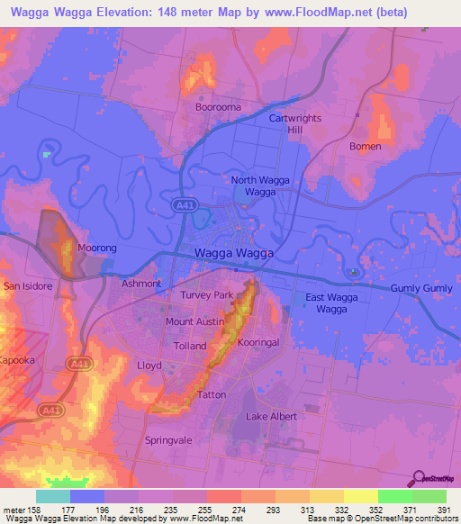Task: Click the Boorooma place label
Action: click(x=217, y=107)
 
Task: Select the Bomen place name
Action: click(x=366, y=147)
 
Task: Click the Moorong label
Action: click(x=97, y=248)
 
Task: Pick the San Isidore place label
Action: click(x=29, y=286)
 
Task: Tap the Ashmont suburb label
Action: click(x=141, y=284)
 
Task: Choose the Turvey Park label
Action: click(x=206, y=295)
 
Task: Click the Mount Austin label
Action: click(x=194, y=321)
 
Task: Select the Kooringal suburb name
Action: click(x=261, y=343)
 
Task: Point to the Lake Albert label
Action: click(x=271, y=417)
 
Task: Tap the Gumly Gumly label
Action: click(x=422, y=288)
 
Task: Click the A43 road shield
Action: click(x=77, y=362)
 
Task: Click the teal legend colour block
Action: click(x=53, y=496)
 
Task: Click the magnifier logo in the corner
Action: click(x=420, y=478)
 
